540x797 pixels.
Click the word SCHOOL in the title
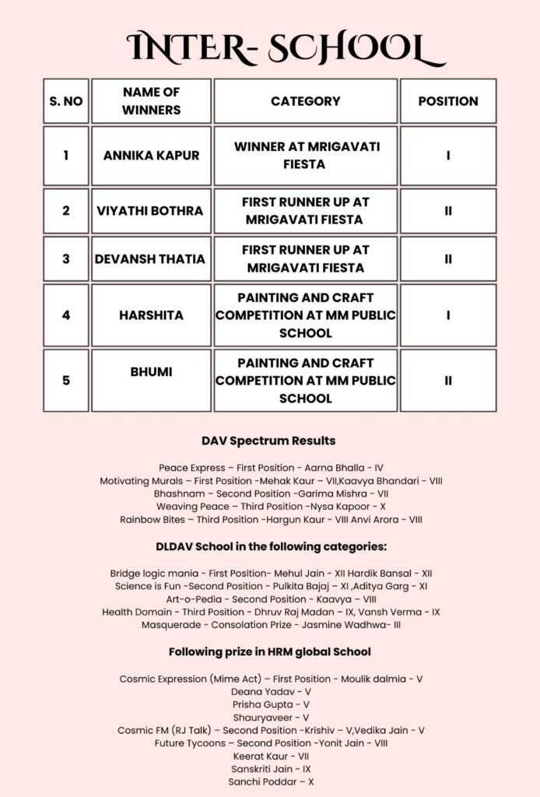(357, 48)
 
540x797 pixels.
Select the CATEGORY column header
(305, 101)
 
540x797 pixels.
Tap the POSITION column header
(448, 101)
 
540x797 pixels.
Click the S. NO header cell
(66, 101)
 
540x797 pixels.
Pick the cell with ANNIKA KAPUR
(151, 156)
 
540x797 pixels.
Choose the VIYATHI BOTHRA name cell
(150, 211)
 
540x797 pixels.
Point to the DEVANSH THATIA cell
(150, 259)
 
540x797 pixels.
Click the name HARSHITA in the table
(151, 315)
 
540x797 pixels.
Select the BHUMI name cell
(151, 372)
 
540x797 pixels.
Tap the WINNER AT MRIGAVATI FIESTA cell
(305, 156)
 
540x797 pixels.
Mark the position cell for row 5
(448, 381)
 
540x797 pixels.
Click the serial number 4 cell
(66, 315)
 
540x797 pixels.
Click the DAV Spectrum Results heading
(268, 441)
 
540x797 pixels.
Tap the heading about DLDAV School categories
(272, 546)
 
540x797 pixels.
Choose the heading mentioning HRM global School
(270, 651)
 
